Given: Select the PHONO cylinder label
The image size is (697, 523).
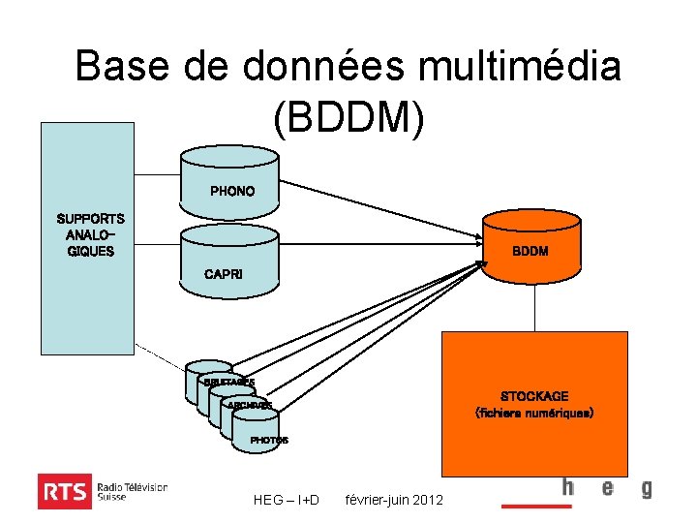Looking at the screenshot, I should coord(232,191).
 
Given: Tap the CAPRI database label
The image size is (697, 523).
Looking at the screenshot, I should coord(225,274).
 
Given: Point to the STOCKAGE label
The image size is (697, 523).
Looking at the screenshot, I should coord(533,396).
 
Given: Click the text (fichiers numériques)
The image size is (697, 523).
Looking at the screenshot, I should coord(533,413).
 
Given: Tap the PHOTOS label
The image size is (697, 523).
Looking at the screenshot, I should coord(269,441).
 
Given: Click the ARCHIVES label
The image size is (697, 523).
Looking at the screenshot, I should coord(250,405).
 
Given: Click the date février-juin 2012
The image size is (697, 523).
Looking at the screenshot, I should coord(394,500).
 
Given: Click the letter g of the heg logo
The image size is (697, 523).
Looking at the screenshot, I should coord(646,488).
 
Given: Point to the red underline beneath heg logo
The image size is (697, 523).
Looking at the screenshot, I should coord(536,506).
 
